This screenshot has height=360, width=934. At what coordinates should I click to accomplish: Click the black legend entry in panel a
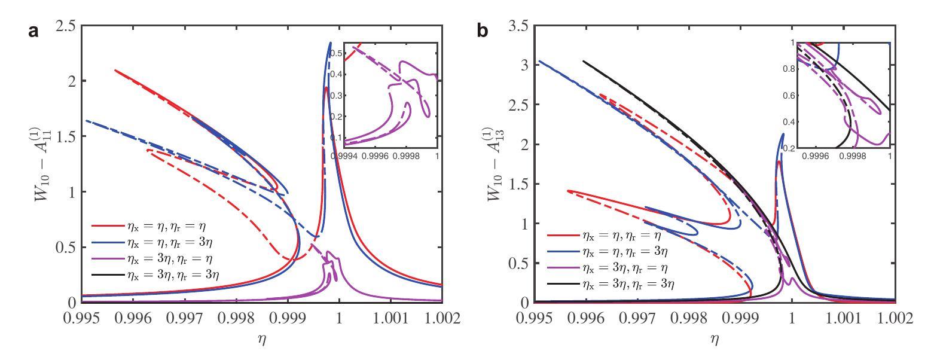(161, 277)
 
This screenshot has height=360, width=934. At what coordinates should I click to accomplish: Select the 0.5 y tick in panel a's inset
(336, 53)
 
